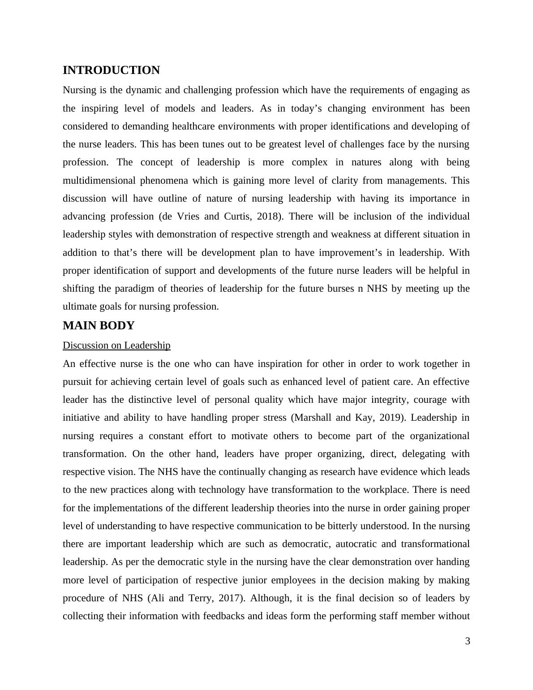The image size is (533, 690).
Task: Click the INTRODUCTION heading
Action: point(111,70)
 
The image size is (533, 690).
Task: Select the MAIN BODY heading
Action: point(99,326)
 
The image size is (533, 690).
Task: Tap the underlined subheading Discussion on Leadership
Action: point(116,345)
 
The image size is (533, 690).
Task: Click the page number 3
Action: point(468,641)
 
